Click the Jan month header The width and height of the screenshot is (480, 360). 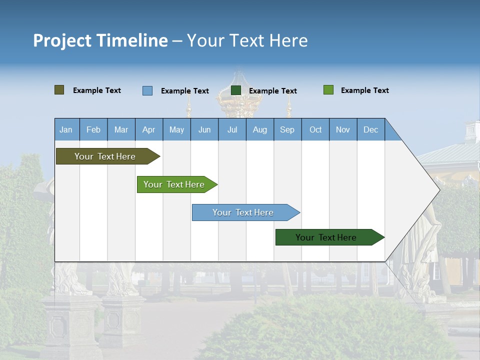[x=66, y=129]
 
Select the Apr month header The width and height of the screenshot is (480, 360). [x=148, y=129]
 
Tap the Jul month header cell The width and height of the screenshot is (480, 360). [x=232, y=129]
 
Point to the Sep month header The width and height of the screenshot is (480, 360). [x=287, y=129]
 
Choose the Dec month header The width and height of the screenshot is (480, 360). [x=370, y=129]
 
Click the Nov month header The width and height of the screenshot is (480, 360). [x=342, y=129]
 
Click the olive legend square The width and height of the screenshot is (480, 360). [x=59, y=90]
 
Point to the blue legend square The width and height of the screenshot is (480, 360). [x=147, y=90]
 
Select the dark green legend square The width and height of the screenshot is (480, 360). [x=236, y=90]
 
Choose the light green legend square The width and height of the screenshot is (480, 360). [x=328, y=90]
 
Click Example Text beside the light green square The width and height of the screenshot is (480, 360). [x=364, y=90]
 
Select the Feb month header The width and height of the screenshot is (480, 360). [x=93, y=129]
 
